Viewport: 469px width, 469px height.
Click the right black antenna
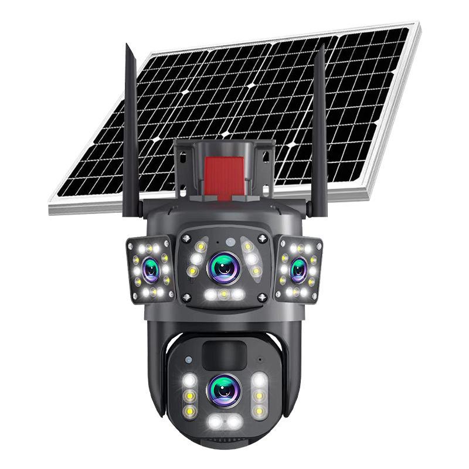[319, 129]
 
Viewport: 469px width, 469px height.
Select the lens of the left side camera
[151, 270]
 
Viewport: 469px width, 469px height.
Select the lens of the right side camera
[299, 269]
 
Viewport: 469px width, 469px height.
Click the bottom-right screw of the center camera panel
[263, 297]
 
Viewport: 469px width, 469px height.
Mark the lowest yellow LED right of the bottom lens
[259, 411]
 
